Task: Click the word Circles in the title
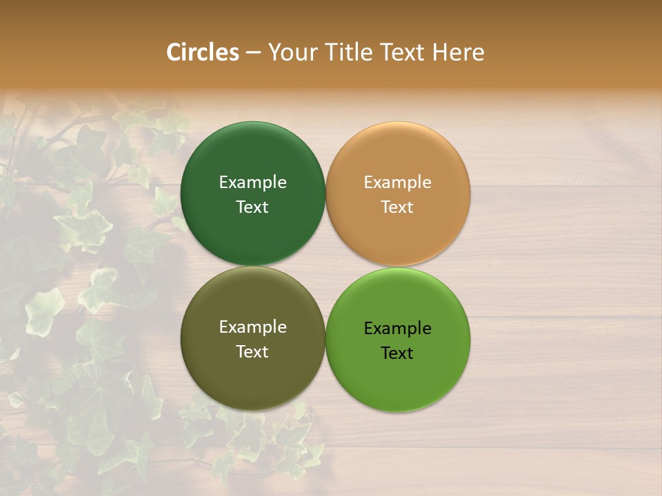[203, 52]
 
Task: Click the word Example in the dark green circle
[252, 183]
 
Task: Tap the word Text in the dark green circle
[252, 207]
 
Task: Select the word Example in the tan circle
[397, 183]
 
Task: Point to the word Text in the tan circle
[397, 207]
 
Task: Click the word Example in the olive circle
[252, 327]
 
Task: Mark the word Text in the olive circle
[252, 351]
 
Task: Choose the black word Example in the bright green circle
[397, 329]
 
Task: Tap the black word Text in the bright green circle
[397, 353]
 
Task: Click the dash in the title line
[253, 53]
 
